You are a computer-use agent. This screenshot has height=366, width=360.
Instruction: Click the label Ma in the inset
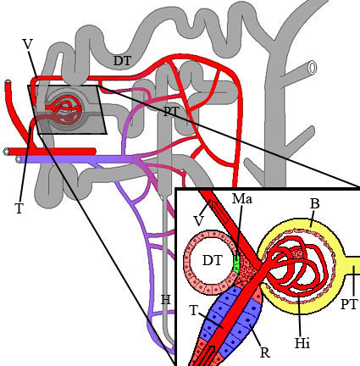pyautogui.click(x=242, y=199)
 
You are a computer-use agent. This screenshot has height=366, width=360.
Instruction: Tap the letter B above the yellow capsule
pyautogui.click(x=315, y=204)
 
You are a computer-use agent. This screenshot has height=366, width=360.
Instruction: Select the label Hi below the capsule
pyautogui.click(x=302, y=343)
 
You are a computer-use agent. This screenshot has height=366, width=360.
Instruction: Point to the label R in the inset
pyautogui.click(x=265, y=352)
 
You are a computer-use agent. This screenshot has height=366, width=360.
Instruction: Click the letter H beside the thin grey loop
pyautogui.click(x=166, y=300)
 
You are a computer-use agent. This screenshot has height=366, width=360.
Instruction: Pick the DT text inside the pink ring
pyautogui.click(x=213, y=260)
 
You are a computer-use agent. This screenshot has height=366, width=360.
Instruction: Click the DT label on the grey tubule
pyautogui.click(x=123, y=61)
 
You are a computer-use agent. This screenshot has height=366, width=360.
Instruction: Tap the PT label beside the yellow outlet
pyautogui.click(x=350, y=304)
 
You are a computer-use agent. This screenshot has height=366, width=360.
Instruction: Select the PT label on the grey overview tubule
pyautogui.click(x=171, y=112)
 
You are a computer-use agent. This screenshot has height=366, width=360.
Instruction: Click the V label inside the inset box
pyautogui.click(x=199, y=221)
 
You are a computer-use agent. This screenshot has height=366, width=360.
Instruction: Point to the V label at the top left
pyautogui.click(x=27, y=45)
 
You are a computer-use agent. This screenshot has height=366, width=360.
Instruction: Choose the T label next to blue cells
pyautogui.click(x=194, y=311)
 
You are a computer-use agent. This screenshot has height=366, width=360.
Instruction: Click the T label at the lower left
pyautogui.click(x=19, y=209)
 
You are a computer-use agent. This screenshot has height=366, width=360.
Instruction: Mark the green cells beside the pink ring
pyautogui.click(x=236, y=263)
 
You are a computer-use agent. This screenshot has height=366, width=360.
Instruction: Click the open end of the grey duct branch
pyautogui.click(x=313, y=67)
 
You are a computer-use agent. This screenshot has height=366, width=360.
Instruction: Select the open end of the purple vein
pyautogui.click(x=19, y=159)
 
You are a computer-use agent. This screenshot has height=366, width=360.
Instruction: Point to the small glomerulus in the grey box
pyautogui.click(x=64, y=109)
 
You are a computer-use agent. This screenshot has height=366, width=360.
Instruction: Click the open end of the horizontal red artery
pyautogui.click(x=6, y=152)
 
